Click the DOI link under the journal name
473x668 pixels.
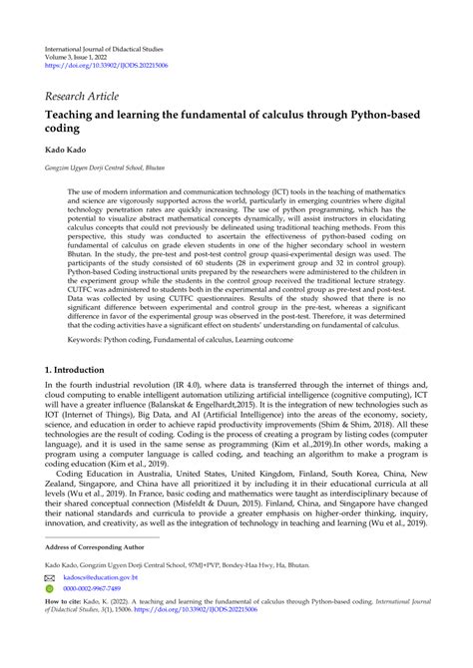pyautogui.click(x=108, y=66)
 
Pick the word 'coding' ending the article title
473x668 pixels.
pyautogui.click(x=64, y=131)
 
